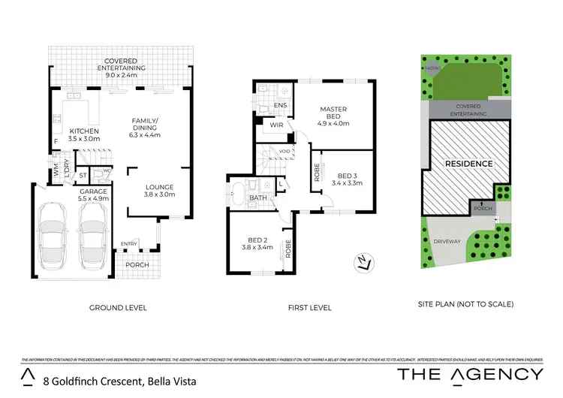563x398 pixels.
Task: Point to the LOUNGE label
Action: point(160,187)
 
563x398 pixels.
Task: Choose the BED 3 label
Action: point(346,176)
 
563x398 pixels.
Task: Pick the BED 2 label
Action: point(257,240)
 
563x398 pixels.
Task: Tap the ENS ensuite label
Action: point(281,106)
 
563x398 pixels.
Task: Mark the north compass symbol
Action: point(364,263)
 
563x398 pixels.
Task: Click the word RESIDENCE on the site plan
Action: point(468,164)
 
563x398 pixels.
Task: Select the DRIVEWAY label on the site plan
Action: point(447,242)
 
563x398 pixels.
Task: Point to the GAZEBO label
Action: point(432,66)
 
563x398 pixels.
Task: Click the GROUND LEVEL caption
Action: point(118,308)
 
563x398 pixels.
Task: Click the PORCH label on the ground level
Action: point(137,264)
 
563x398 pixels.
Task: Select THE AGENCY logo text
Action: point(470,375)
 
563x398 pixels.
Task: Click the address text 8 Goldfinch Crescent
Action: point(119,381)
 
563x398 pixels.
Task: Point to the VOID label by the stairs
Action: point(285,152)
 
